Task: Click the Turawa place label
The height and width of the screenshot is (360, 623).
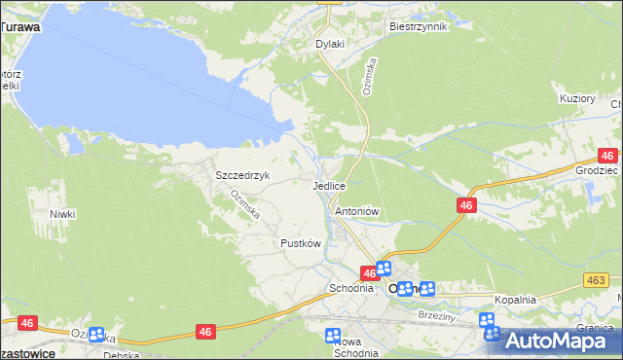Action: (x=20, y=27)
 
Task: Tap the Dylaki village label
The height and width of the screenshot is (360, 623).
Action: (x=331, y=44)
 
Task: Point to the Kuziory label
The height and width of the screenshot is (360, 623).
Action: (x=577, y=98)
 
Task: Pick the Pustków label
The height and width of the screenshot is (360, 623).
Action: (x=300, y=243)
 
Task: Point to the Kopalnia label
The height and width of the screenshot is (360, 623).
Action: (x=515, y=300)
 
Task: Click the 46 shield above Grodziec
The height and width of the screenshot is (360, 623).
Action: (x=608, y=156)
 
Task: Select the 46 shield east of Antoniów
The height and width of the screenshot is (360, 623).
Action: (x=467, y=205)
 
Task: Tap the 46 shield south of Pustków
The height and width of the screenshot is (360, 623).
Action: (x=204, y=332)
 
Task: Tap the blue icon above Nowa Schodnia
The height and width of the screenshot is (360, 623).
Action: (x=333, y=335)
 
